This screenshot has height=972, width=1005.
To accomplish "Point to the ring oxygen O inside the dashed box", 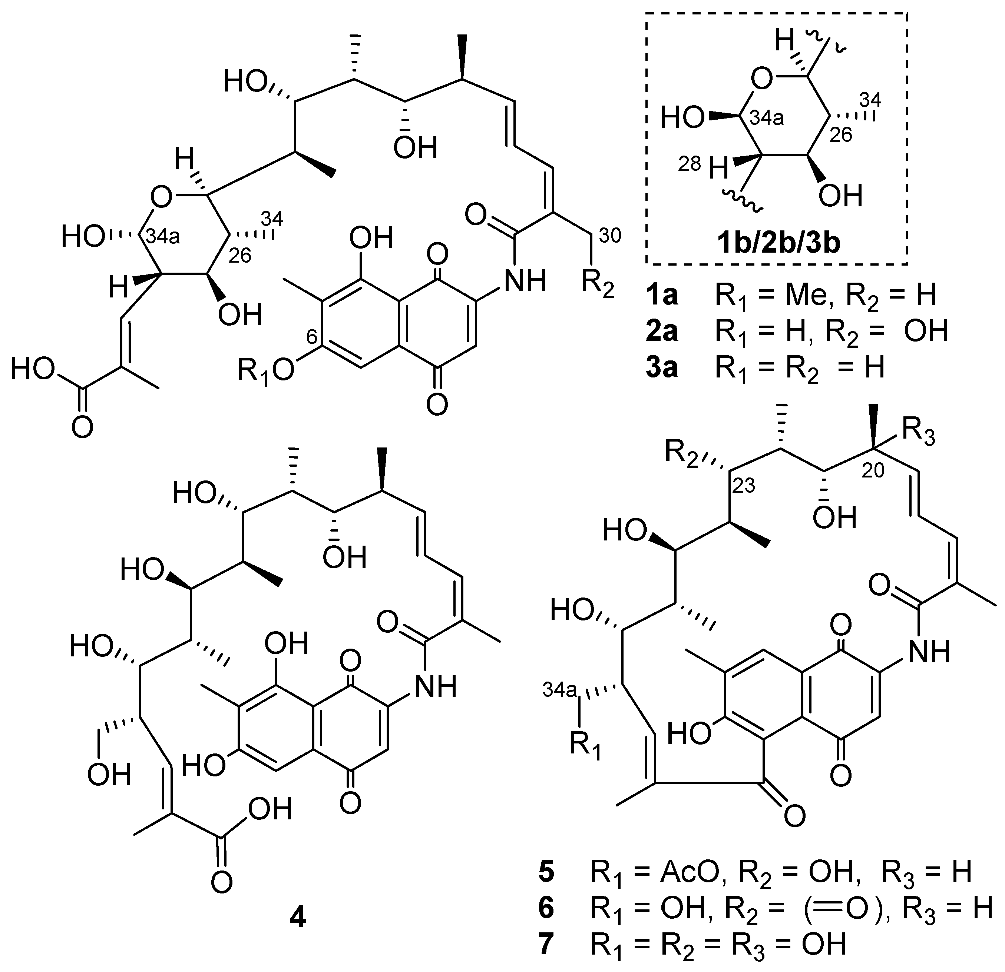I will pos(763,80).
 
